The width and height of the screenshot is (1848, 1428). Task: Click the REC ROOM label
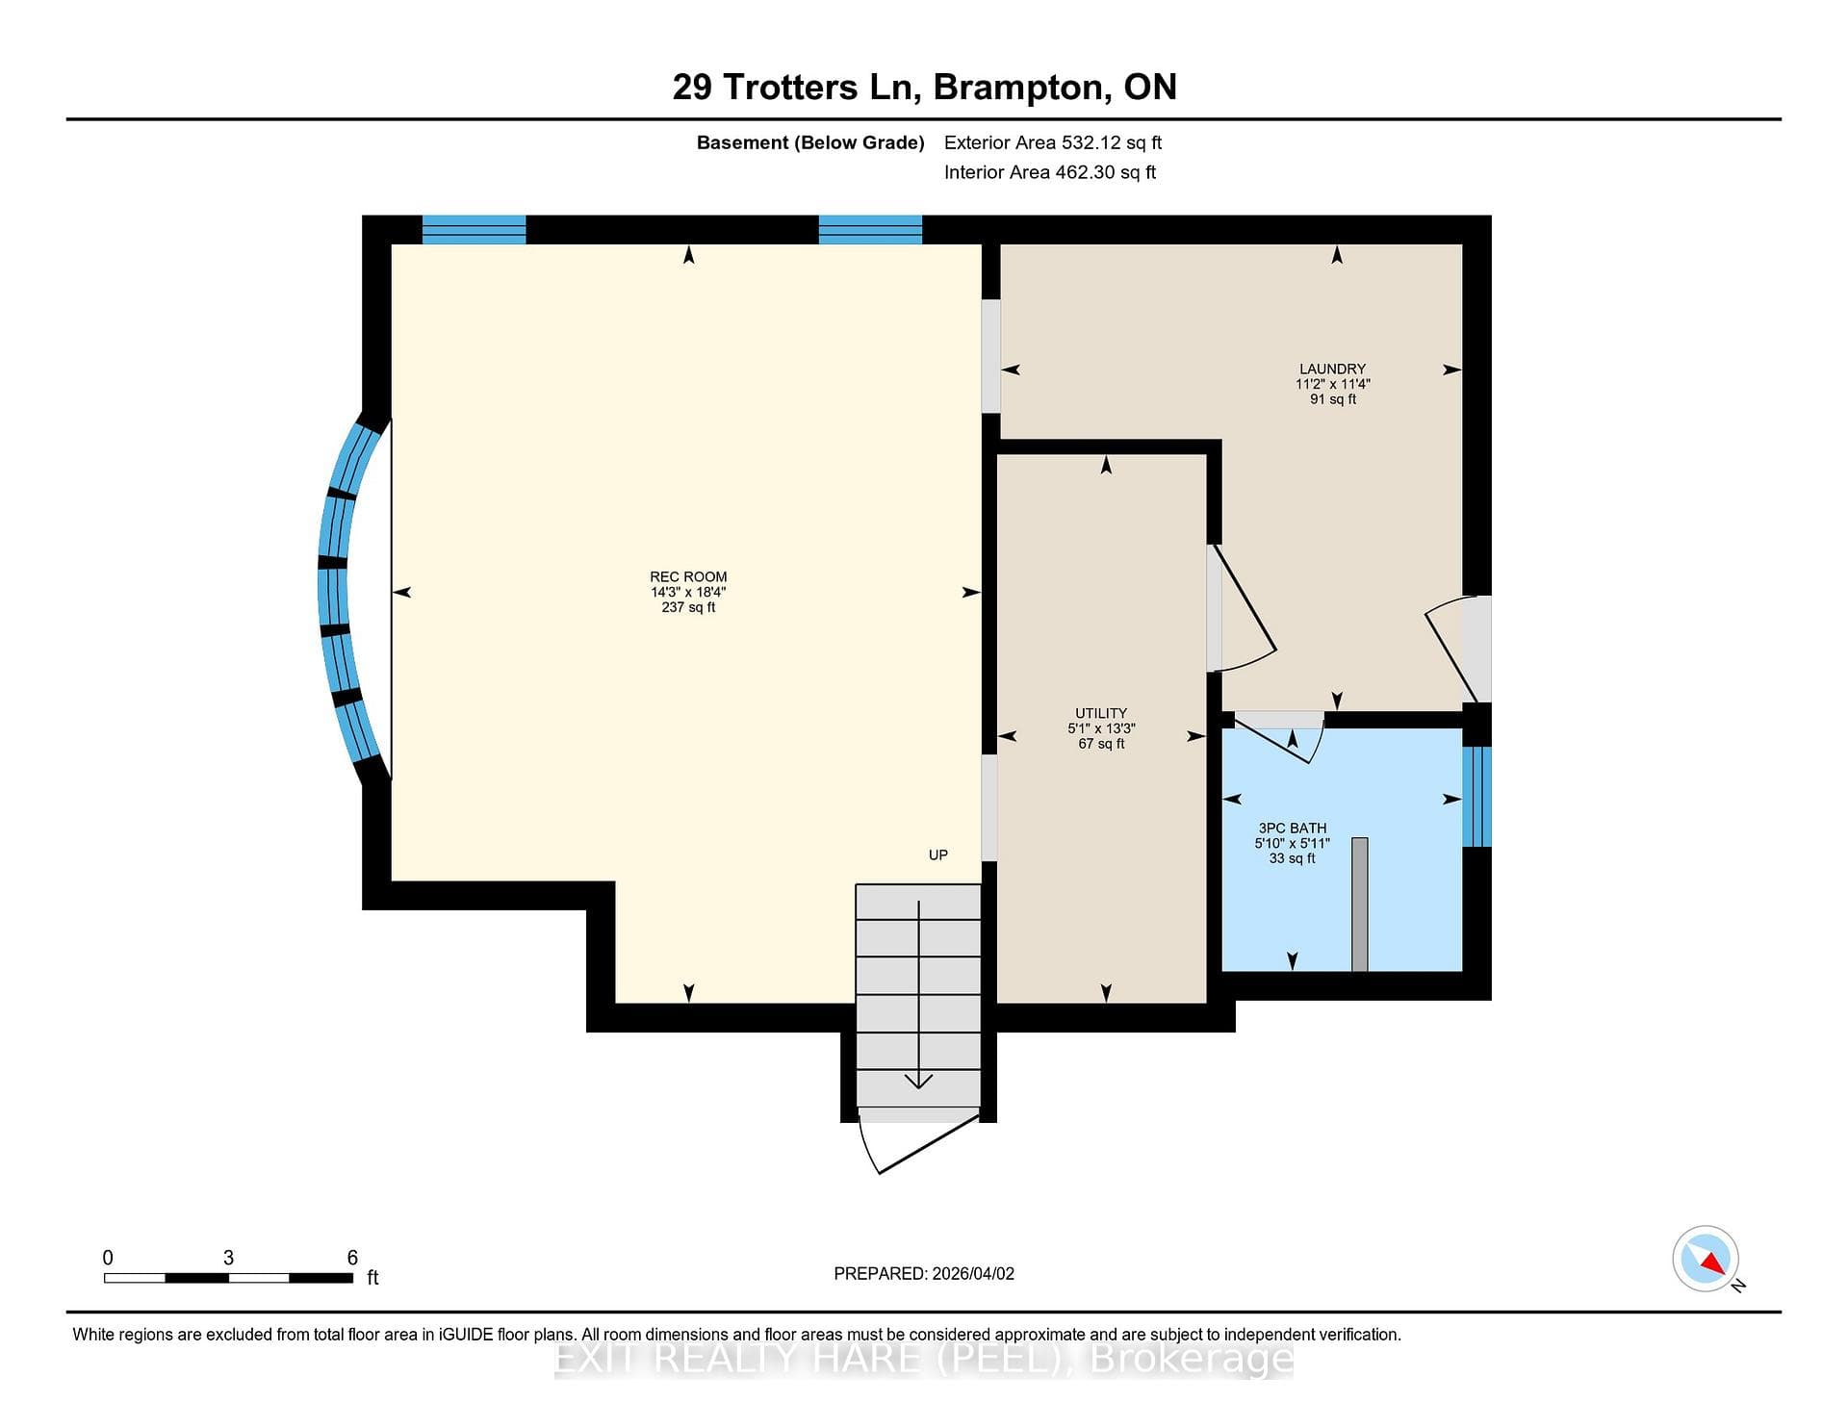688,576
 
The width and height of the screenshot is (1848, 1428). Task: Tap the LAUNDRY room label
1332,369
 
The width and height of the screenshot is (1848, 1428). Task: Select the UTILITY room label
1101,713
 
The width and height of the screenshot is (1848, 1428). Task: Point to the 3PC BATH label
1292,828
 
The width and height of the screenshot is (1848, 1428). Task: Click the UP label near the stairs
938,854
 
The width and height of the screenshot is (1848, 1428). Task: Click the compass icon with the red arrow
1706,1259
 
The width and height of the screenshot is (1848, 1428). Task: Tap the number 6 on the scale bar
352,1258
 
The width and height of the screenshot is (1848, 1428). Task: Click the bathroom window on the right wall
1476,797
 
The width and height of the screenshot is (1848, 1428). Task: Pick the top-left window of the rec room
474,230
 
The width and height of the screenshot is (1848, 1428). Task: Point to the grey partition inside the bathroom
1360,905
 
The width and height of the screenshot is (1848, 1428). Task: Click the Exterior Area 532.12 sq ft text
1053,142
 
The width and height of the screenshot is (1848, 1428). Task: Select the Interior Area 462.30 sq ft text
1050,172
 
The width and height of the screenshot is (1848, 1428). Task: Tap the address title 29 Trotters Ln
792,88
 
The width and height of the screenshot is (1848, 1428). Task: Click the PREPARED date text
924,1273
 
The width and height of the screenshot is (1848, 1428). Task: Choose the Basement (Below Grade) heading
810,142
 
